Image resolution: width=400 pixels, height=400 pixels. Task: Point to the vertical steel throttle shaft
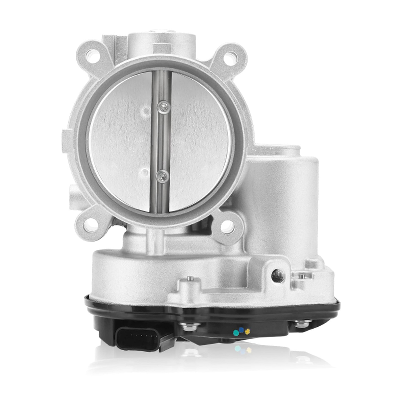[x=160, y=140]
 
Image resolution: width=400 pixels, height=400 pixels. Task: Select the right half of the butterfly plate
[x=197, y=140]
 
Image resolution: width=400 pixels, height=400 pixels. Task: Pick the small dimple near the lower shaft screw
[x=144, y=173]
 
